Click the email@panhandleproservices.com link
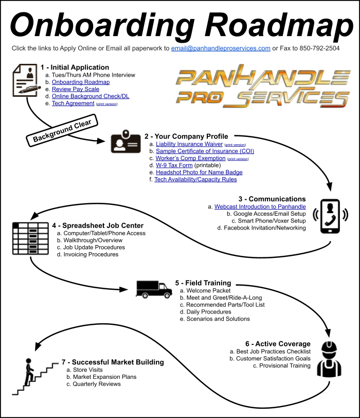[x=221, y=48]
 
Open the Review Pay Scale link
[x=76, y=89]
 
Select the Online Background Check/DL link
[x=91, y=96]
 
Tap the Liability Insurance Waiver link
[x=189, y=144]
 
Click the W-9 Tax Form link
[x=174, y=165]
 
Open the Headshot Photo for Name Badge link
[x=199, y=172]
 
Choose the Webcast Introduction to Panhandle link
[x=260, y=206]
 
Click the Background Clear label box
[x=62, y=130]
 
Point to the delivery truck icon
[x=154, y=289]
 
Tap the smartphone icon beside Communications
[x=330, y=216]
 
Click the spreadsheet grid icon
[x=30, y=238]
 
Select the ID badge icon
[x=125, y=142]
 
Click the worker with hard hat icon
[x=329, y=359]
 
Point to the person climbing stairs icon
[x=34, y=376]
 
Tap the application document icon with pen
[x=26, y=80]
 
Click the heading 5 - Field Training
[x=203, y=283]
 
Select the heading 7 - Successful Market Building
[x=113, y=362]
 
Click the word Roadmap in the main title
[x=279, y=25]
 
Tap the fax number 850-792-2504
[x=319, y=48]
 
